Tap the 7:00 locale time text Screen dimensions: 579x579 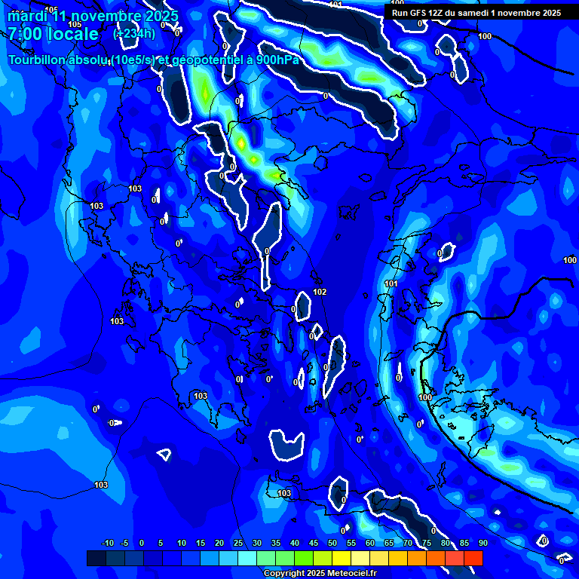(53, 34)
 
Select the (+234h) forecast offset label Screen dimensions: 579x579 (134, 33)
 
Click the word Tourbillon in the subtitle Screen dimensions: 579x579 (38, 60)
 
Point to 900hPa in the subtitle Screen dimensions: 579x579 (277, 60)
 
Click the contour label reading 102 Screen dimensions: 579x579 (320, 292)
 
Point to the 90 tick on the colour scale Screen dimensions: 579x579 (482, 543)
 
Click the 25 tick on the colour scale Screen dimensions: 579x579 (237, 543)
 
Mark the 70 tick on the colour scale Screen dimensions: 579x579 (407, 543)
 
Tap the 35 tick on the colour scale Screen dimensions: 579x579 (275, 543)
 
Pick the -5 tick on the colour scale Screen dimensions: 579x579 (124, 543)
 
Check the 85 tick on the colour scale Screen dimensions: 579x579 (464, 543)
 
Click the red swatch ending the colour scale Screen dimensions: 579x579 (473, 558)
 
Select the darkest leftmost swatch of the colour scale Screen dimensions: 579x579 (96, 558)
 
